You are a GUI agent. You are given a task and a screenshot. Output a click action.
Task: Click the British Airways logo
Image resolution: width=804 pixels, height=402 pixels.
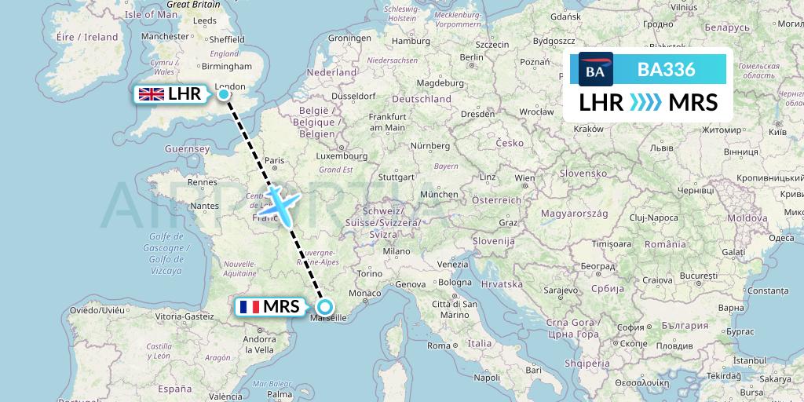point(595,69)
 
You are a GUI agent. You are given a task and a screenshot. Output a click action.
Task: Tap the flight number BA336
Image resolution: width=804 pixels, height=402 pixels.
point(666,69)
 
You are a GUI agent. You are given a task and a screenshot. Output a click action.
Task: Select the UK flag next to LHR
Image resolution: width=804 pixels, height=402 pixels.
point(151,94)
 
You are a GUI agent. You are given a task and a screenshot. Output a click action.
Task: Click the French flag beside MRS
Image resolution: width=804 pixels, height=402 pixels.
point(250,306)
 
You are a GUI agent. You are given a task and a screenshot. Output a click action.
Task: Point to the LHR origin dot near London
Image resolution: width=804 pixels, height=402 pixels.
point(224,94)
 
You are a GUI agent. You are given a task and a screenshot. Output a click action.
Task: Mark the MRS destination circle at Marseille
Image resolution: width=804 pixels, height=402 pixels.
point(324,307)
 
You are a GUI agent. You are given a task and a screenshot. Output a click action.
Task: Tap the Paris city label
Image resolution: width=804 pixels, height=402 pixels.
point(275,159)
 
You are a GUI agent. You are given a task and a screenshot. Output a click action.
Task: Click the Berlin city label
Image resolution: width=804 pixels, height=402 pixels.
point(472,57)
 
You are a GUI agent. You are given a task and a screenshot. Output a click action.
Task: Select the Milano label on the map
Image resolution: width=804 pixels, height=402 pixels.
point(397,251)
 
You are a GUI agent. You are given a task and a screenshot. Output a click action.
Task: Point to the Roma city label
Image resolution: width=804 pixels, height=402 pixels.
point(439,345)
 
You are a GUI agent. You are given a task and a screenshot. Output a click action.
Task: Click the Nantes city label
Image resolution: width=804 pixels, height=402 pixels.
point(204,206)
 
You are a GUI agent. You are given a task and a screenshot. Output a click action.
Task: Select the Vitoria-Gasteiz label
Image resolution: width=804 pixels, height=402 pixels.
point(185,316)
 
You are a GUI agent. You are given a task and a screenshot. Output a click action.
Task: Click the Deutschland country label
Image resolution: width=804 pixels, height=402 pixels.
point(422,99)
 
